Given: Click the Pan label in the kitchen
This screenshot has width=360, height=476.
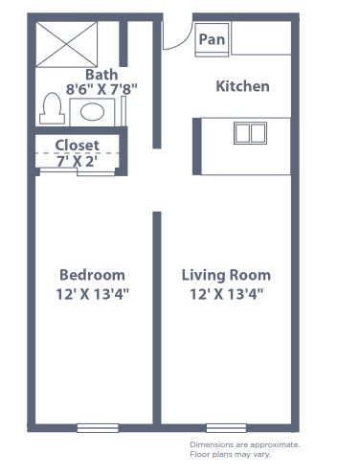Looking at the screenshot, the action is click(x=212, y=39).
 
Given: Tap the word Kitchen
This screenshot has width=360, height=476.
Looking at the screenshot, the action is click(x=242, y=86).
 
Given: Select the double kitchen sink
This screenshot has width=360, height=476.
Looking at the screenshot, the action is click(x=250, y=133).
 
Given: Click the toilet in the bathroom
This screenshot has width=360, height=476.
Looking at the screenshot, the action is click(x=52, y=108).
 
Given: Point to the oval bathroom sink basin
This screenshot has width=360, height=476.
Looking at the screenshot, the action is click(x=92, y=112).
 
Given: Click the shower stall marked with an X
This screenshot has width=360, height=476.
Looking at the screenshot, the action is click(x=67, y=45).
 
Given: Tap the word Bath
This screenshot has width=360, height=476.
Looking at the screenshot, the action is click(x=101, y=75).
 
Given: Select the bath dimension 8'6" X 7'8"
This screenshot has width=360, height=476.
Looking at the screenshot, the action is click(x=101, y=89).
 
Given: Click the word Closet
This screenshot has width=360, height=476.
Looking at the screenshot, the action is click(x=78, y=146).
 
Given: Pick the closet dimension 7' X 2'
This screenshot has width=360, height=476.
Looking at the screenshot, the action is click(x=77, y=161).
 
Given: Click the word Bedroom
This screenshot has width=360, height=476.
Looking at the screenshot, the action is click(x=92, y=275).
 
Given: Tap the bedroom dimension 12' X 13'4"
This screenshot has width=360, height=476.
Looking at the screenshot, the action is click(x=92, y=294).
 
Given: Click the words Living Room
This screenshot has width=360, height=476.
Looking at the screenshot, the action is click(x=226, y=276).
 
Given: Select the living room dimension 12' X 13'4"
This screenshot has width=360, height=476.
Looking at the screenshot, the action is click(x=226, y=294).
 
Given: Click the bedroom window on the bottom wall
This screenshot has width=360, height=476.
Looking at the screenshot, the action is click(x=98, y=428).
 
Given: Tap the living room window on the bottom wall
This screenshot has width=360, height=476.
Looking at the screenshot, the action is click(x=226, y=428).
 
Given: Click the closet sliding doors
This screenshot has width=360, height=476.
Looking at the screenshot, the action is click(x=78, y=171).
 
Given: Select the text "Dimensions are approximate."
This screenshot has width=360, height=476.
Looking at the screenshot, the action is click(x=245, y=444).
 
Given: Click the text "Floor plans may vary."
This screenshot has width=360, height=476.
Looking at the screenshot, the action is click(x=230, y=454).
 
